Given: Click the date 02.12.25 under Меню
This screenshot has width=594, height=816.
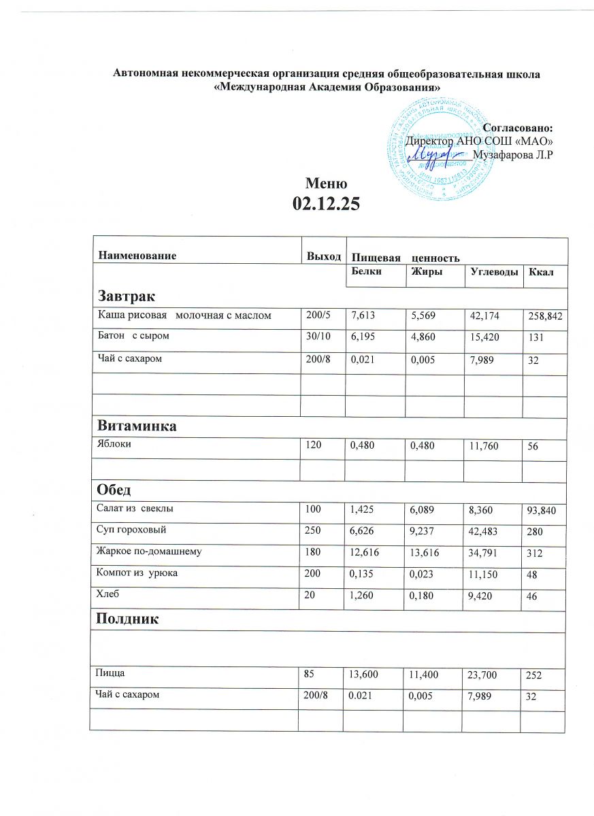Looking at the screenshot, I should (x=326, y=202).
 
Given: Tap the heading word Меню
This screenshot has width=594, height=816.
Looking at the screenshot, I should (x=327, y=183).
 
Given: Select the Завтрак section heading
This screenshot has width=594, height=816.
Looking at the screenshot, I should (x=127, y=297).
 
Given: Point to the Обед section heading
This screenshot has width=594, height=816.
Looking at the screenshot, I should (x=114, y=490).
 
